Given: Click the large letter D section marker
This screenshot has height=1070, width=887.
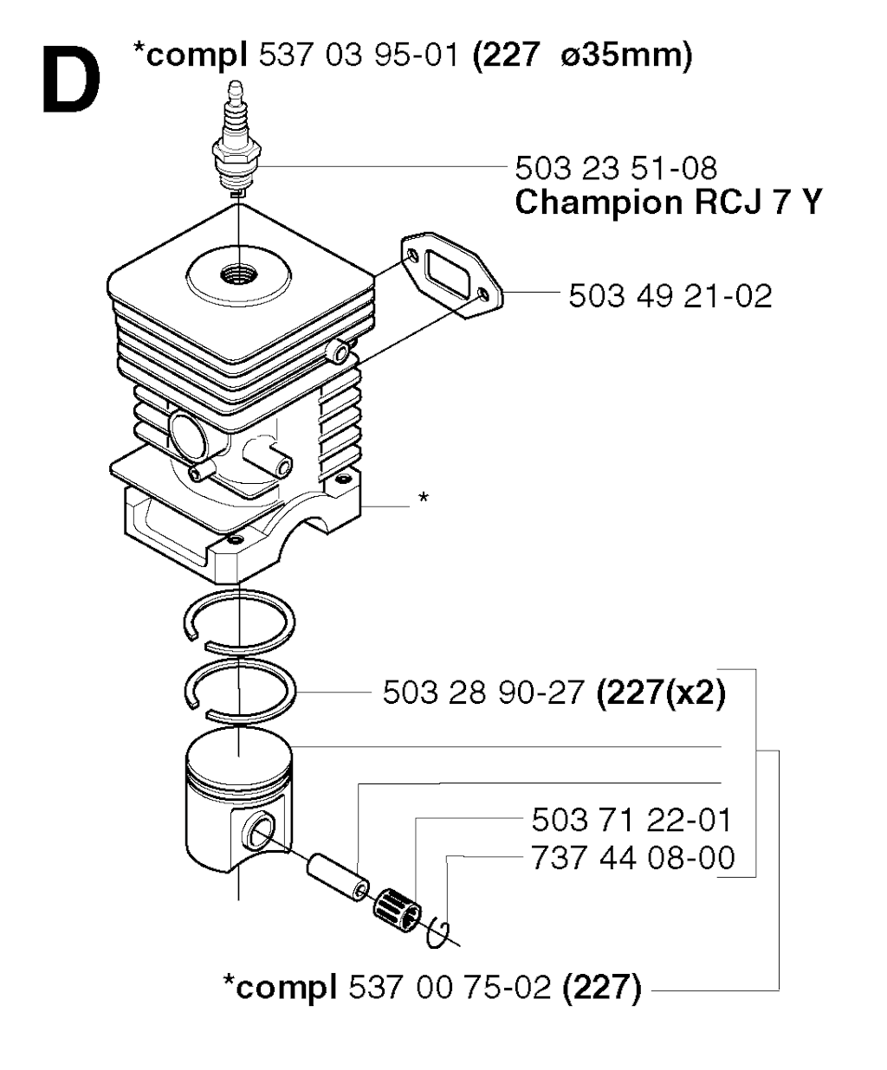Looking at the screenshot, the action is [71, 80].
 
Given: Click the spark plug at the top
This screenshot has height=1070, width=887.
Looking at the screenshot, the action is [236, 139].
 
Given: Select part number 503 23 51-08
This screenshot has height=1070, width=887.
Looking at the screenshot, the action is [616, 168].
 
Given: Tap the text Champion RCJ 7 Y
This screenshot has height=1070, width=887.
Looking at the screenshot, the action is [668, 202].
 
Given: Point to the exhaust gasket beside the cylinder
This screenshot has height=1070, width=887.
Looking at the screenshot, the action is [451, 274].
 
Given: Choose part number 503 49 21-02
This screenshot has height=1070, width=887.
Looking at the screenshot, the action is [670, 296].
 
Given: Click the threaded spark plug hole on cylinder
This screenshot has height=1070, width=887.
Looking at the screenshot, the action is [239, 274].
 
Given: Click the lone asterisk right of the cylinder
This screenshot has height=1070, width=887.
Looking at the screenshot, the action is [424, 497].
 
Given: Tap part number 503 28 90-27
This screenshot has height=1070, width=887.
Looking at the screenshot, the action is [483, 693].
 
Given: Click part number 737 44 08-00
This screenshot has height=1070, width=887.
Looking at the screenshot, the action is [633, 858].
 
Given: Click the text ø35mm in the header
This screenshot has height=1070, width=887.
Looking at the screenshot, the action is [626, 55].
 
